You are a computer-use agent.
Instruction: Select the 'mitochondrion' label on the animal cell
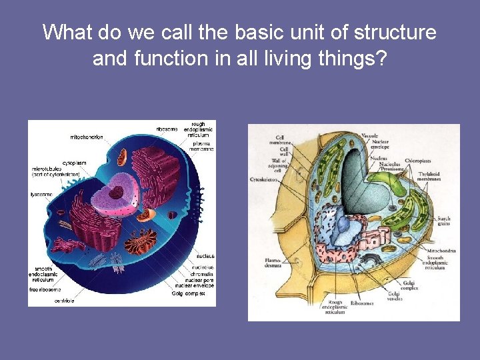click(x=87, y=137)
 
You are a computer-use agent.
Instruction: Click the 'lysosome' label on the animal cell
click(x=43, y=194)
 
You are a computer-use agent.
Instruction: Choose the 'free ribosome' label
click(x=46, y=289)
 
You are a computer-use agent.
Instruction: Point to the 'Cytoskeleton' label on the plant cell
click(x=264, y=179)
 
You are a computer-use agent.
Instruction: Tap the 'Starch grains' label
click(x=443, y=221)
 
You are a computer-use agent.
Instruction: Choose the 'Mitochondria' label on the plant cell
click(x=441, y=252)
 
